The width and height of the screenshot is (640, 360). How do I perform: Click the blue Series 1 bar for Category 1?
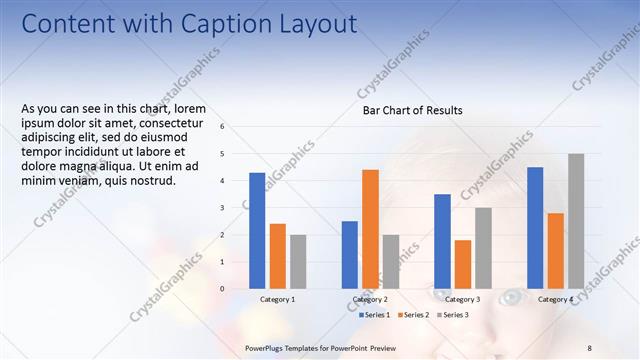[257, 230]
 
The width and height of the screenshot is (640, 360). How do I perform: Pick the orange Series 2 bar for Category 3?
[463, 264]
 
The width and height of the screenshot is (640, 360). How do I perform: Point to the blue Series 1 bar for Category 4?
[535, 227]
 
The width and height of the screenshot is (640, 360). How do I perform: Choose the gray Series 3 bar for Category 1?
[298, 261]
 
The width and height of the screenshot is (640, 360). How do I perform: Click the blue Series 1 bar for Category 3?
[442, 241]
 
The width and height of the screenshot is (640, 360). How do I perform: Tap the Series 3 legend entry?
[455, 315]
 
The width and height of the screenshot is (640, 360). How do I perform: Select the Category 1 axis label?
[277, 300]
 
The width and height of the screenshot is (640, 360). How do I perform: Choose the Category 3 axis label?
[462, 300]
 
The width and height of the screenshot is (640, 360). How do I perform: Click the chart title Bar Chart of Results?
[412, 110]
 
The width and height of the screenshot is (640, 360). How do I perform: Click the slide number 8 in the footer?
[588, 347]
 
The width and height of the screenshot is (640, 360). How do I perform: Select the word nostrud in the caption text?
[152, 181]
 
